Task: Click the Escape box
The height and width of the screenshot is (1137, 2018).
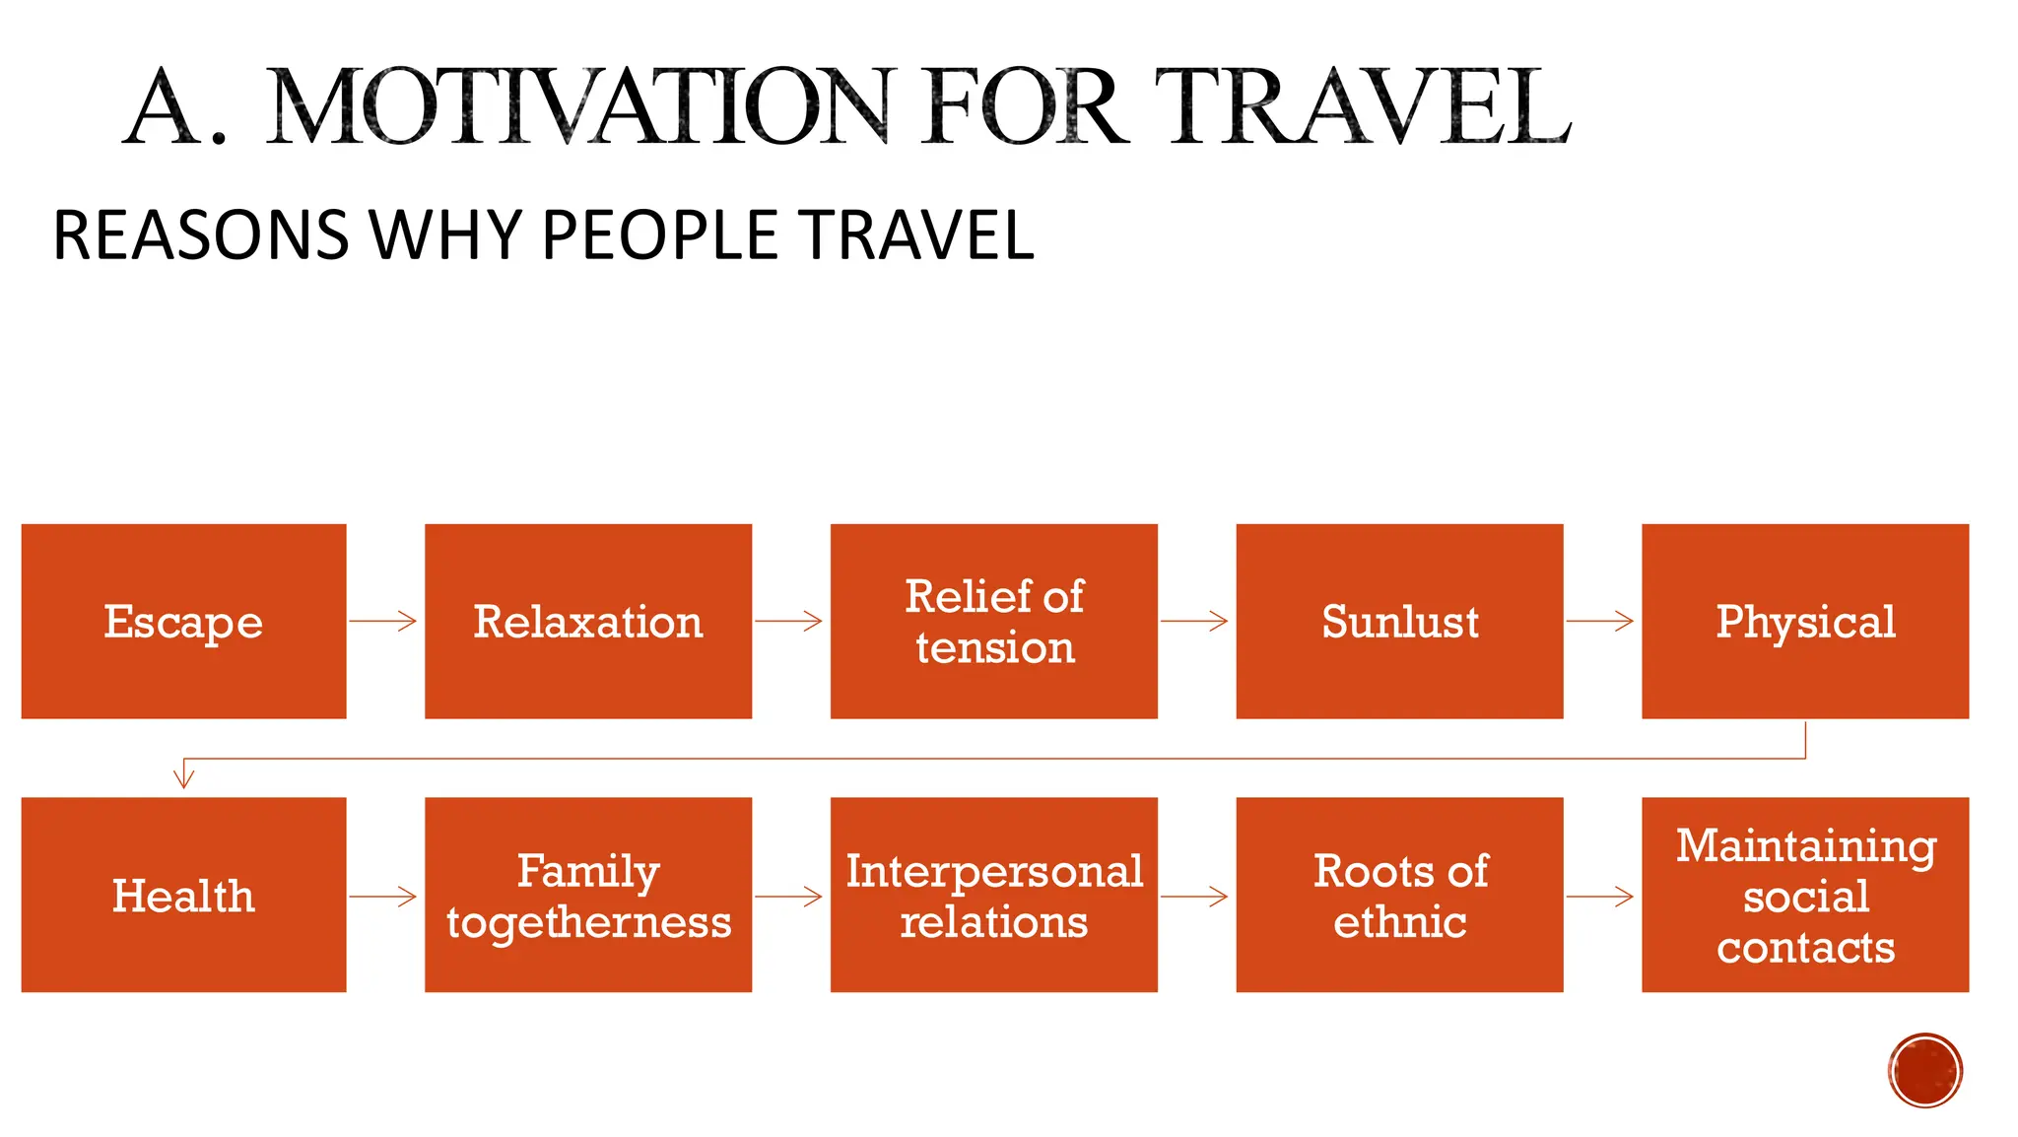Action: (x=183, y=622)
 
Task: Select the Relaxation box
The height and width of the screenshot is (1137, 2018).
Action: (x=588, y=622)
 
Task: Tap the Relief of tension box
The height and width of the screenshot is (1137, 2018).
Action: (x=993, y=622)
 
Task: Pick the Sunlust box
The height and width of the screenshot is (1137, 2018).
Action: (x=1399, y=622)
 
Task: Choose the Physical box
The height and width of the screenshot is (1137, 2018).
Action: (x=1805, y=622)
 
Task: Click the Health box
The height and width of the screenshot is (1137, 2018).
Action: (x=183, y=895)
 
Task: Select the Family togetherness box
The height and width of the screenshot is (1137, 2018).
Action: (x=588, y=895)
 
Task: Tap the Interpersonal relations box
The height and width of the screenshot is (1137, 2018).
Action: (x=993, y=895)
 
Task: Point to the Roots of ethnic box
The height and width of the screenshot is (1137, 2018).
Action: (x=1399, y=895)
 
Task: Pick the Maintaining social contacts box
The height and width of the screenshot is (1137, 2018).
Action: (x=1805, y=895)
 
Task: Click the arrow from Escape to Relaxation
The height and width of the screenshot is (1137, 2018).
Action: (x=383, y=621)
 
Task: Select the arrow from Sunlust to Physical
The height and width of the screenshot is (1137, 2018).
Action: (x=1600, y=621)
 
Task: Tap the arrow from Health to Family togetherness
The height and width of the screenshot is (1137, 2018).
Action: (x=383, y=897)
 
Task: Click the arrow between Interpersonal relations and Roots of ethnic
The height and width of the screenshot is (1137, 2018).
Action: (x=1194, y=897)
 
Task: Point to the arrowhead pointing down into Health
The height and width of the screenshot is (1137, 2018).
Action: (x=184, y=777)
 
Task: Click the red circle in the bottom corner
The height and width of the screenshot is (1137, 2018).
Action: (x=1925, y=1070)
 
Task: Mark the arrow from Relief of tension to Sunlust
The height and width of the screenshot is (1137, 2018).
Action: (x=1194, y=621)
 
